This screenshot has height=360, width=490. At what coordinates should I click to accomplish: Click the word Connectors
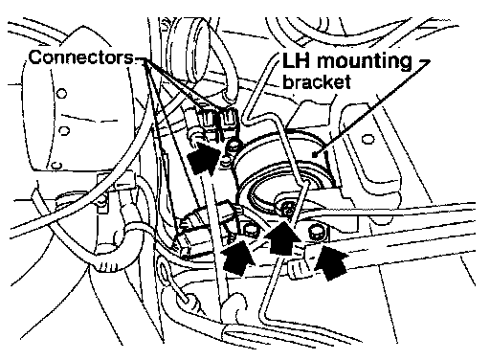[81, 57]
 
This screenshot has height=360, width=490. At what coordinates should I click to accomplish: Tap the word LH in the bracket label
[296, 60]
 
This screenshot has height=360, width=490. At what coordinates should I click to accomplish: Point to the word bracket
[317, 81]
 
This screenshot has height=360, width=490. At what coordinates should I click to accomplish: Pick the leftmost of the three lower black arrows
[236, 257]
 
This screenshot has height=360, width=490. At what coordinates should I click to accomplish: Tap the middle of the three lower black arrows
[282, 237]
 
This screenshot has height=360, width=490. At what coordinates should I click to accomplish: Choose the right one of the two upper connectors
[229, 118]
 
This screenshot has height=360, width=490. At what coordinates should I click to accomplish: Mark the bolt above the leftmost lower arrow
[250, 231]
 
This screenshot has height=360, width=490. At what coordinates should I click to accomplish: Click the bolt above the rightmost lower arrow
[316, 233]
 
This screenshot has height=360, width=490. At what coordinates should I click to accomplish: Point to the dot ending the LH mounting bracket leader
[315, 155]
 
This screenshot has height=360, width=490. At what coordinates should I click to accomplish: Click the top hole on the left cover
[61, 94]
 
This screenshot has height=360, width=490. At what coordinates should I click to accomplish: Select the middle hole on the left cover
[64, 130]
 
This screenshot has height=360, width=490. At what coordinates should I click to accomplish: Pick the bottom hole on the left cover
[56, 166]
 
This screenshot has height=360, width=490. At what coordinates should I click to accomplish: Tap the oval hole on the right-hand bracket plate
[368, 140]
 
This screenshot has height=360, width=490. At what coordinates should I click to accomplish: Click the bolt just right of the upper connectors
[233, 146]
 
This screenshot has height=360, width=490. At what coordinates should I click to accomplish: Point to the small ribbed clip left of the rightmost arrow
[299, 267]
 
